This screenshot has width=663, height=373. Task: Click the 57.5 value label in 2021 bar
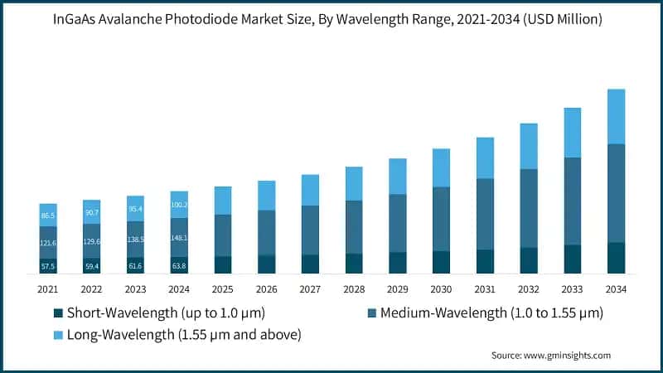tap(48, 266)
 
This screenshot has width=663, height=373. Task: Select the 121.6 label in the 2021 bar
tap(48, 243)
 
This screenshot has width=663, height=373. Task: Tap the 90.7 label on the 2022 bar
tap(91, 213)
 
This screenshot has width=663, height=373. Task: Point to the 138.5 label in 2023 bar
tap(136, 239)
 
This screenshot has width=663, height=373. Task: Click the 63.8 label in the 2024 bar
tap(179, 266)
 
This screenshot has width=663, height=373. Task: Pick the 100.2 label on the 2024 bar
tap(179, 205)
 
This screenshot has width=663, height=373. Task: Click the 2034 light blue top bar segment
tap(616, 116)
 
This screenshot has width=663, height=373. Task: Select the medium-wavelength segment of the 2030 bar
tap(442, 219)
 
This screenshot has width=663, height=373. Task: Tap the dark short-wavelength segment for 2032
tap(529, 260)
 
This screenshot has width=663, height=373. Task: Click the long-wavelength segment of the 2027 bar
tap(310, 190)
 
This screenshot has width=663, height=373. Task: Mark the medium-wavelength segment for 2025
tap(222, 235)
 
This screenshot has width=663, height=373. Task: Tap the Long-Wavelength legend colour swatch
tap(58, 334)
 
